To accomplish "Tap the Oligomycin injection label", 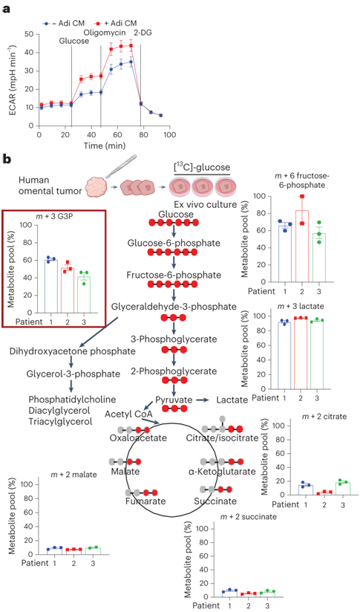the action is [x=105, y=33].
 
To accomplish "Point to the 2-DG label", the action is [x=142, y=33].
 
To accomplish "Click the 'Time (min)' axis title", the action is [x=105, y=146].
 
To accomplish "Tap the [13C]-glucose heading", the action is [x=201, y=168].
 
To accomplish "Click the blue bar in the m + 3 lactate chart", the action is [x=284, y=355].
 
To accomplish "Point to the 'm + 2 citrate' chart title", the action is [x=324, y=417].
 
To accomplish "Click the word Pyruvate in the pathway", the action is [x=174, y=400].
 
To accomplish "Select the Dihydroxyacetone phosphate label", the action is [x=73, y=351].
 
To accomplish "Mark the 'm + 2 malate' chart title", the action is [x=73, y=475].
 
